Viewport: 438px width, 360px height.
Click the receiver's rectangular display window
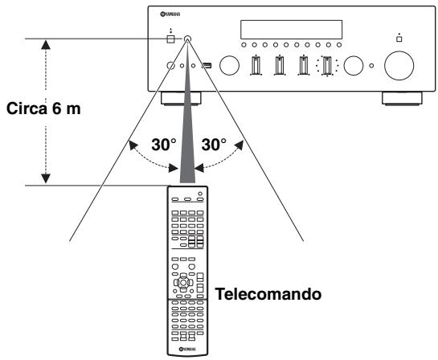coord(285,29)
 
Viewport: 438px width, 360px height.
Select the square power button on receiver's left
coord(170,38)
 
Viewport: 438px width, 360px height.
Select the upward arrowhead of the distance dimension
coord(46,43)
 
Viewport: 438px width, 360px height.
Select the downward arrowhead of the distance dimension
coord(46,178)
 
